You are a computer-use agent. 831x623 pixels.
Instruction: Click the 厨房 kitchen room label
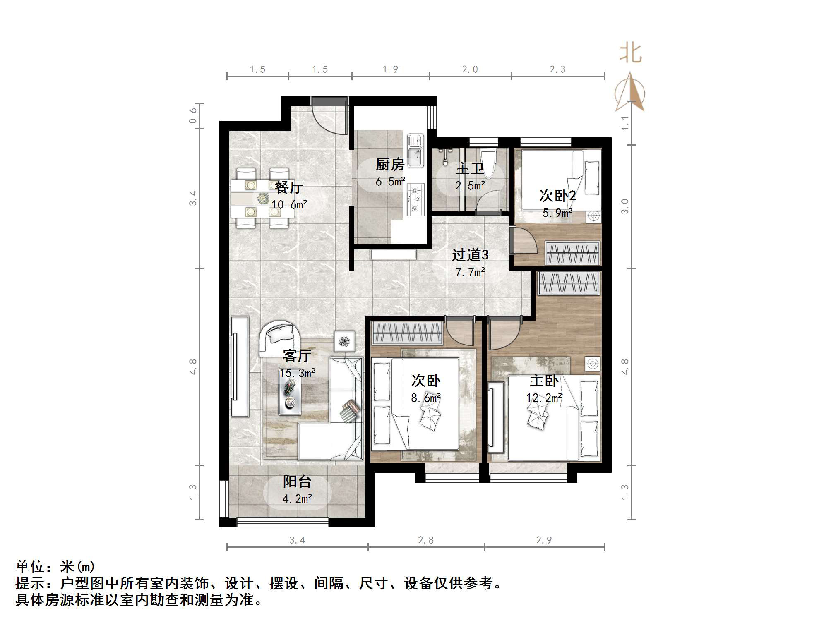pos(390,165)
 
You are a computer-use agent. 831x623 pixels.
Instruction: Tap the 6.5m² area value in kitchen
pos(390,182)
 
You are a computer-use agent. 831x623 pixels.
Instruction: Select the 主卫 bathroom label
pos(470,169)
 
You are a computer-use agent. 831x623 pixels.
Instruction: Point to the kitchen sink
pos(415,151)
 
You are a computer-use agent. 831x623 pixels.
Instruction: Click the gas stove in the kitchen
pos(416,199)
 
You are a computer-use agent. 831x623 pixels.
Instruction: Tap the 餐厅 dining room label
pos(289,187)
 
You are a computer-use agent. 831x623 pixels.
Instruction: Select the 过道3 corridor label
pos(470,255)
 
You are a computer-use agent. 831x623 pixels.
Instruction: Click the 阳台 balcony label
pos(297,482)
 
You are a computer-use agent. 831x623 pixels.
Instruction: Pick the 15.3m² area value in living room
pos(297,373)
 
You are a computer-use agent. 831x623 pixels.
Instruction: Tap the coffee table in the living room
pos(289,395)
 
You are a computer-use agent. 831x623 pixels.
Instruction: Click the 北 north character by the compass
pos(630,54)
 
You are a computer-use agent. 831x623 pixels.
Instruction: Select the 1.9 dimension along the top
pos(390,69)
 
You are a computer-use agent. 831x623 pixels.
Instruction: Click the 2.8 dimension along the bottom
pos(426,540)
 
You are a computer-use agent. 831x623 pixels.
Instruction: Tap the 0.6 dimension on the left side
pos(193,116)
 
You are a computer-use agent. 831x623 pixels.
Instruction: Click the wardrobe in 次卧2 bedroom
pos(573,252)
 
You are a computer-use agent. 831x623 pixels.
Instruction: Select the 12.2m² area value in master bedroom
pos(544,398)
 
